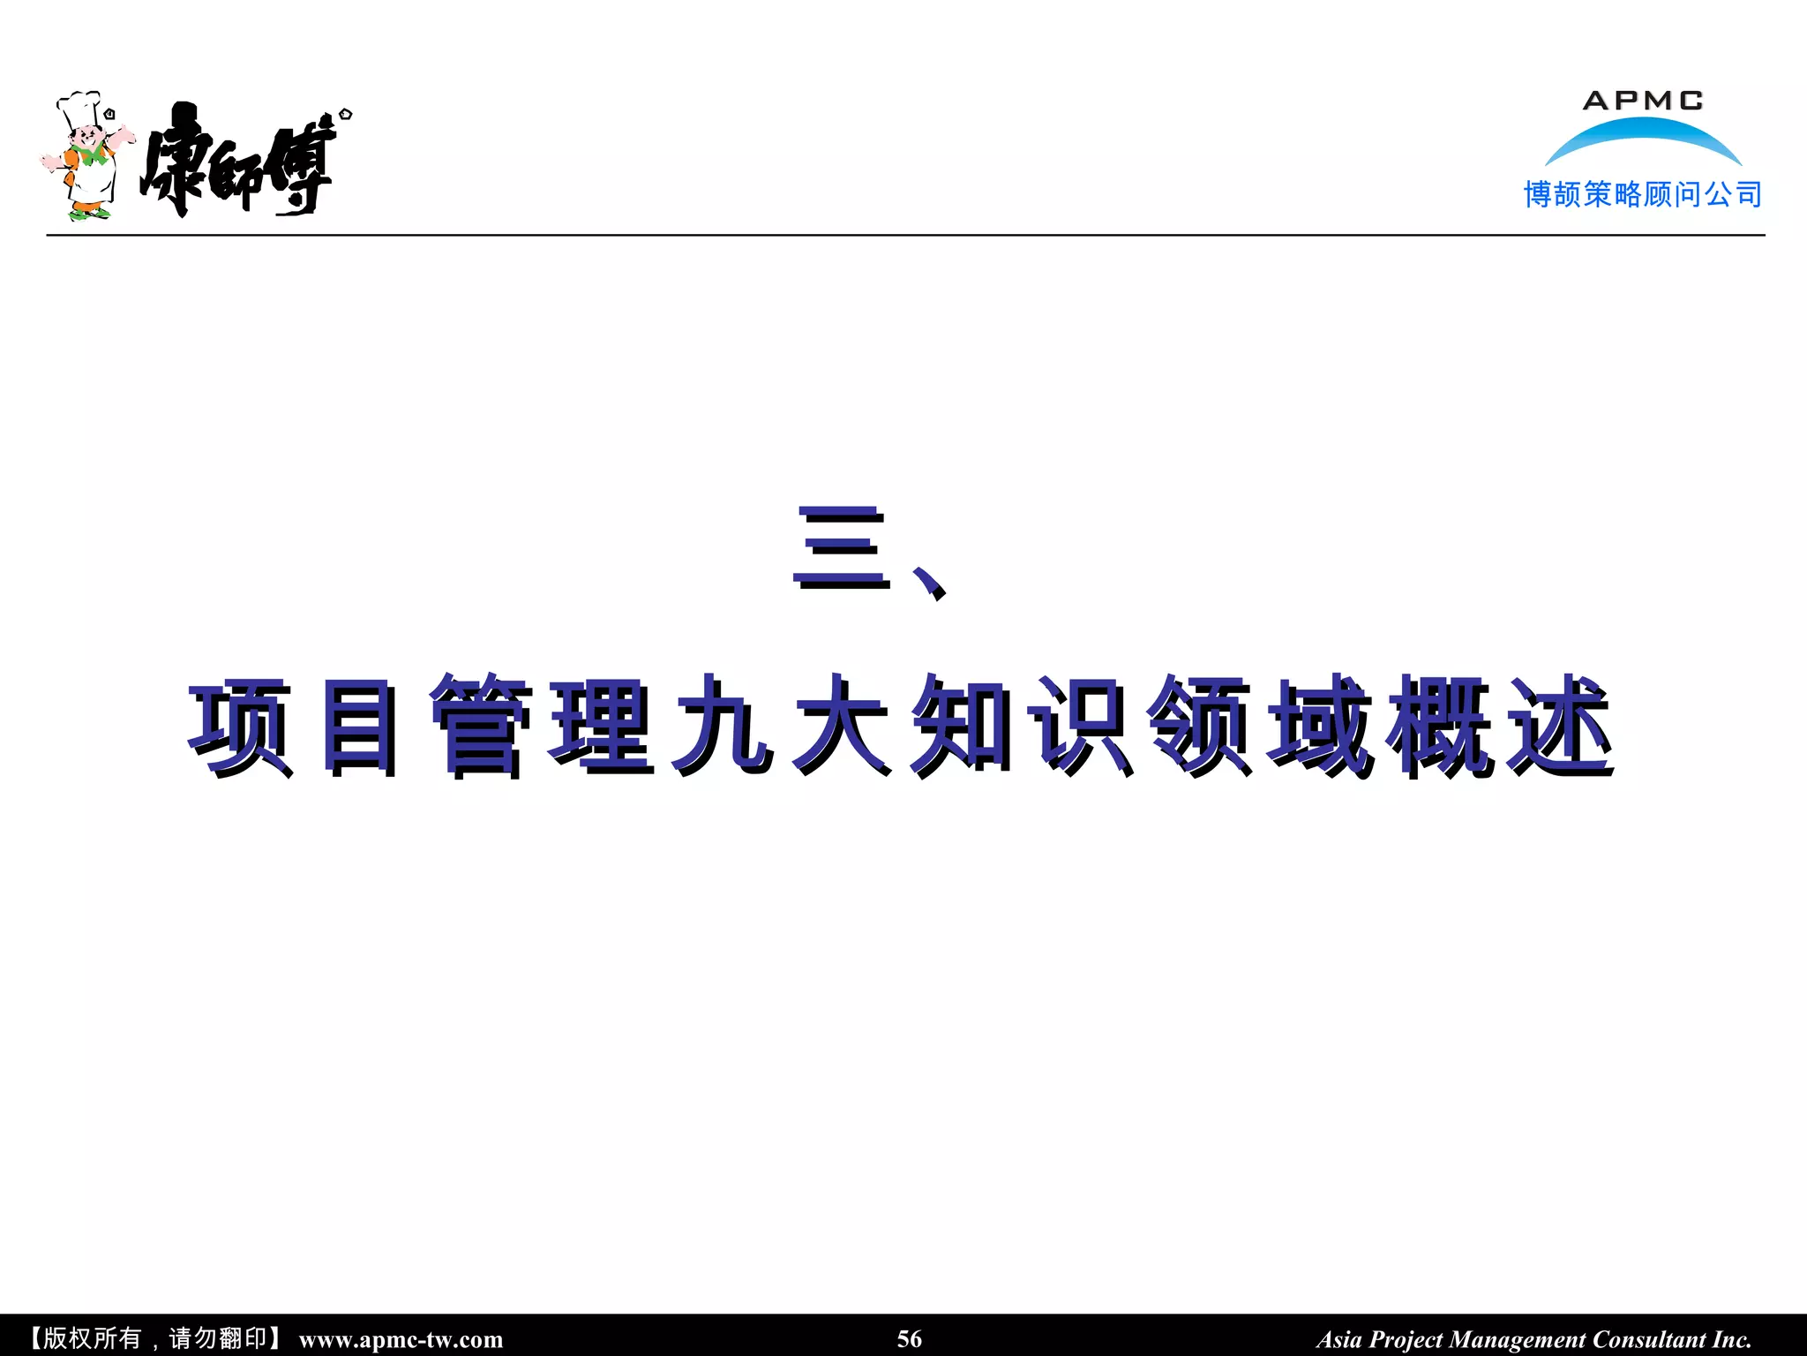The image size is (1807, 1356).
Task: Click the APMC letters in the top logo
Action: [x=1642, y=101]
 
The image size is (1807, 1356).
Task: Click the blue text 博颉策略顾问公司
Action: [x=1642, y=194]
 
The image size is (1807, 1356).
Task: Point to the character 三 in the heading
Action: [x=841, y=547]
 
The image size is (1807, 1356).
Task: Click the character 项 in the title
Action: [x=240, y=727]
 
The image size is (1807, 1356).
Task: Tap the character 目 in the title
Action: [x=359, y=727]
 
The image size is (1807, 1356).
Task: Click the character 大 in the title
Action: [x=841, y=727]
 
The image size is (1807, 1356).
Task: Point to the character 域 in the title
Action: [x=1320, y=727]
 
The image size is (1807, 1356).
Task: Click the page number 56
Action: [x=909, y=1339]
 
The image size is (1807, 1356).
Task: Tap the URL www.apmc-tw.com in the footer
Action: [x=401, y=1340]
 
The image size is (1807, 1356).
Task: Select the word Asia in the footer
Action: [x=1339, y=1340]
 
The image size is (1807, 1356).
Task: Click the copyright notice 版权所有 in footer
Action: [x=92, y=1339]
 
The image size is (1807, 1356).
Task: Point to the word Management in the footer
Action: [x=1518, y=1340]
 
